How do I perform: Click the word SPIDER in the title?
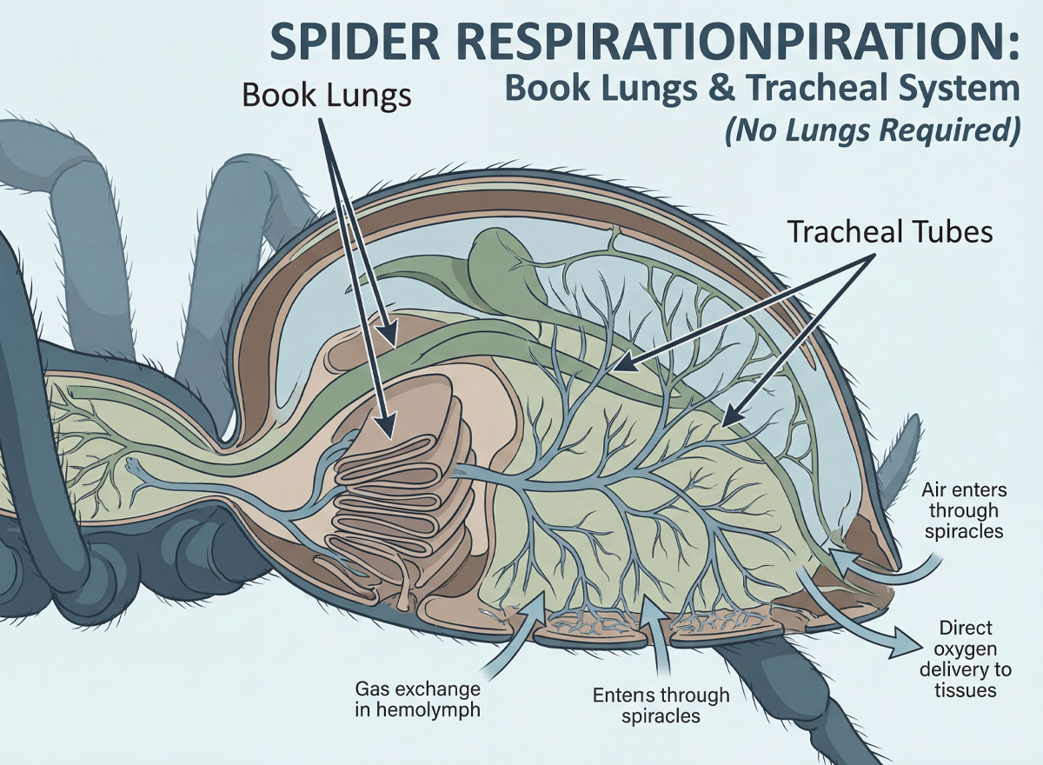coord(355,43)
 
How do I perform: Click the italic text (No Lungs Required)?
coord(872,131)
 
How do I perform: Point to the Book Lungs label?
coord(327,96)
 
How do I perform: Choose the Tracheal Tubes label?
coord(890,231)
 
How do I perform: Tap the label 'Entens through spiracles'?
coord(661,705)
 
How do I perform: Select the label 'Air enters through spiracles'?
coord(963,510)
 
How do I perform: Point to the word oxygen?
coord(966,649)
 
